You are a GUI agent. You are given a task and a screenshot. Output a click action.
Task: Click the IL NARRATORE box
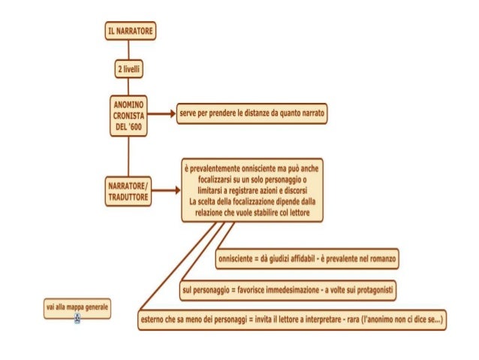(130, 31)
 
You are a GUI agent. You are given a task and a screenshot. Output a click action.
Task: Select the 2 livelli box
(128, 69)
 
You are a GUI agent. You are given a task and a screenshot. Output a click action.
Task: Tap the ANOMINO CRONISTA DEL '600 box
(128, 115)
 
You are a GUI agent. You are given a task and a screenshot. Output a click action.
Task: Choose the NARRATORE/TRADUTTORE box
(128, 191)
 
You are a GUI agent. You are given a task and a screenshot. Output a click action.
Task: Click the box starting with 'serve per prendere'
(253, 114)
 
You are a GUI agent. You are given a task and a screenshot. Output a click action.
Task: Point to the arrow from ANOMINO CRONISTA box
(162, 114)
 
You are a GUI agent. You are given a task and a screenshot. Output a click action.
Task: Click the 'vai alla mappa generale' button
(77, 308)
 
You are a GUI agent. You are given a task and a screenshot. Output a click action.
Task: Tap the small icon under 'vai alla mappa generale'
(77, 319)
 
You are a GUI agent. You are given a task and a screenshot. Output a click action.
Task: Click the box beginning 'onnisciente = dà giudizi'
(306, 260)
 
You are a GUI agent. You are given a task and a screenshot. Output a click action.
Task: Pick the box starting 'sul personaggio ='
(288, 289)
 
